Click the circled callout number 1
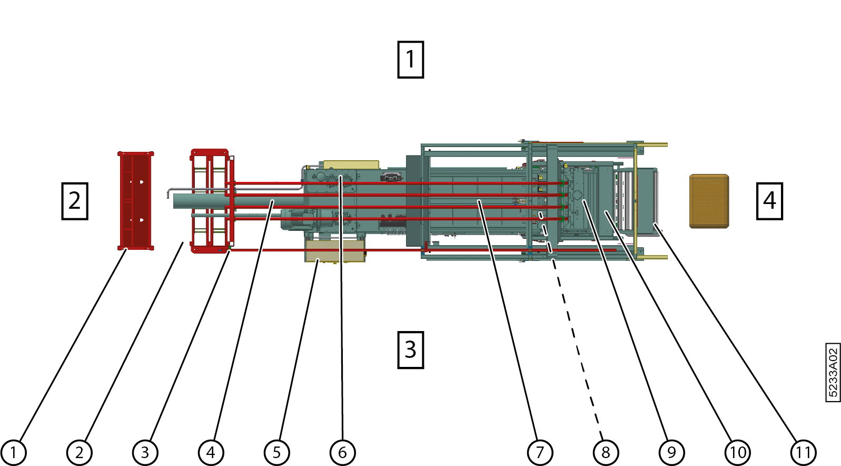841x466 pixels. point(13,452)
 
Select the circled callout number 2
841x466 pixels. point(79,452)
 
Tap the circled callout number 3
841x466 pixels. point(145,452)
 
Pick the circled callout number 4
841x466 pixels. point(211,452)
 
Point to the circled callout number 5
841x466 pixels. point(276,452)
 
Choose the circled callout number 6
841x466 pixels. point(342,452)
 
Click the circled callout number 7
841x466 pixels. point(540,452)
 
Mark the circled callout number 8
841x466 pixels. point(606,452)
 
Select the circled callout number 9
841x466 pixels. point(671,452)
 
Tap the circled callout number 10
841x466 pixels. point(737,452)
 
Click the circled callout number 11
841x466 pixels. point(803,452)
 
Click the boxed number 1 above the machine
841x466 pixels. point(410,60)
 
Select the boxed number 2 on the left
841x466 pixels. point(75,201)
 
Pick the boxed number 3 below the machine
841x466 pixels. point(410,349)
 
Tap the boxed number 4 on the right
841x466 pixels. point(769,201)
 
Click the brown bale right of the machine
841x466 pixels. point(709,201)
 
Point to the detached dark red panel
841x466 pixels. point(135,200)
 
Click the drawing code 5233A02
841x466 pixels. point(833,372)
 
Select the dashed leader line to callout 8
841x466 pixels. point(577,348)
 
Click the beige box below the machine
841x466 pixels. point(335,251)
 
